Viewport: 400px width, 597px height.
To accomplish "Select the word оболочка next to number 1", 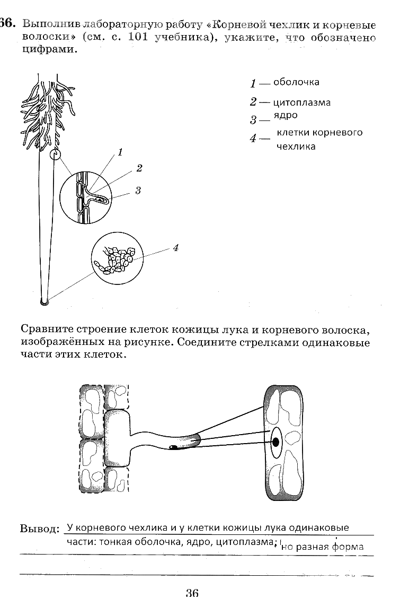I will pos(296,82).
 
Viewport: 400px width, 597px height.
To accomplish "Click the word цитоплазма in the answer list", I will pos(302,102).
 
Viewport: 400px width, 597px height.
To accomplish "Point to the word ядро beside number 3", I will pos(286,115).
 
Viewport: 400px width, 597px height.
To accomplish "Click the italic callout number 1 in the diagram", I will pos(120,152).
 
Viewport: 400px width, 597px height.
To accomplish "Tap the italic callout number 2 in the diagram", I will pos(139,169).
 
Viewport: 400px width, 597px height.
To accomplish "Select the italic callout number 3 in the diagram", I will pos(138,189).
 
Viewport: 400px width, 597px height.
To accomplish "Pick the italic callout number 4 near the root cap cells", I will pos(175,247).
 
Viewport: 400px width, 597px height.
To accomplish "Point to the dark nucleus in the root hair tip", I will pos(174,447).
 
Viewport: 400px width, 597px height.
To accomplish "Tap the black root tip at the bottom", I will pos(45,302).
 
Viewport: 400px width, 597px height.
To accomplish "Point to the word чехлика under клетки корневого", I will pos(296,146).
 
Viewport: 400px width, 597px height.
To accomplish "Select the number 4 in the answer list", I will pos(253,139).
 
